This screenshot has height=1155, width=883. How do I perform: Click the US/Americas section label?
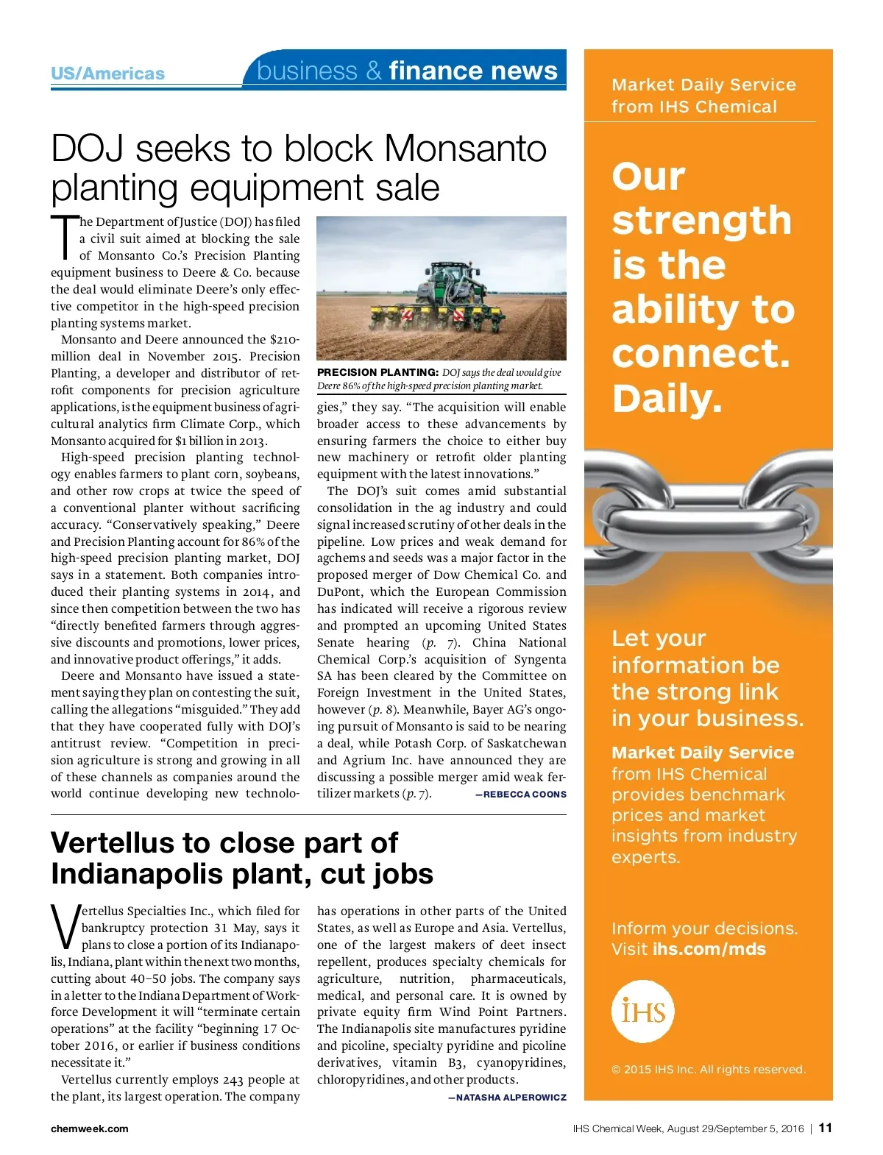[107, 74]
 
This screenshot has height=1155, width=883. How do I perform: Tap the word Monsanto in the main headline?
[465, 149]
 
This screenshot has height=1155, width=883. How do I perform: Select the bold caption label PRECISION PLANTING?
[377, 372]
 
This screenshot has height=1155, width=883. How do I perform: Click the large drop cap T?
[65, 237]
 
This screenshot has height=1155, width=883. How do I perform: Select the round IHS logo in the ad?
[642, 1012]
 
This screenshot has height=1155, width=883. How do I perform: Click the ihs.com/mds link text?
[709, 949]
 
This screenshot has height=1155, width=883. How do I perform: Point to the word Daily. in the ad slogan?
[667, 399]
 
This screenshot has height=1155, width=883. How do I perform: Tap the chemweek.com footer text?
[89, 1129]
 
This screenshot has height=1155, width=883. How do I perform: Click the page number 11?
[825, 1128]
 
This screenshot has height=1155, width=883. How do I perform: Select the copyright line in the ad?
[708, 1070]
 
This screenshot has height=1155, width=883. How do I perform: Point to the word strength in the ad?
[701, 221]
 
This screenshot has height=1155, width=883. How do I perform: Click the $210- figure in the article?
[284, 340]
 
